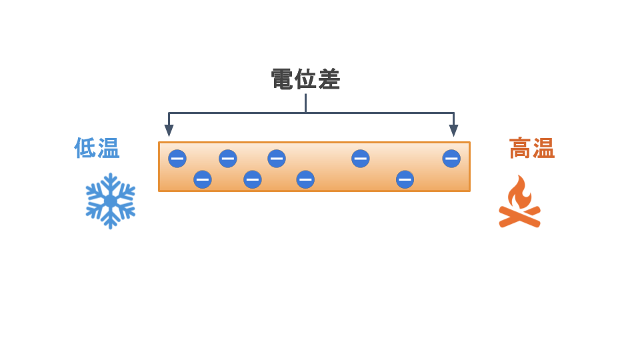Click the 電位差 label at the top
[306, 79]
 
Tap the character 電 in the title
[283, 79]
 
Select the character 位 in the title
[306, 79]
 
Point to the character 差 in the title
[329, 79]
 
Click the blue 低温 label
[97, 148]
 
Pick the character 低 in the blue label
[85, 148]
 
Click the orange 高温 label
[532, 148]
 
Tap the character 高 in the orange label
[521, 148]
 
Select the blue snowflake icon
[110, 201]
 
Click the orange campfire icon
[519, 201]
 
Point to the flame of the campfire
[519, 193]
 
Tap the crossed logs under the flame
[519, 217]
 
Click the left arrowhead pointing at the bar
[169, 131]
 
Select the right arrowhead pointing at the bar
[453, 131]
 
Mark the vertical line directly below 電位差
[306, 103]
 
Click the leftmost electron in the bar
[177, 159]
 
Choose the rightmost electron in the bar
[451, 159]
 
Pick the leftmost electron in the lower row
[203, 179]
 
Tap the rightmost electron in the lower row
[405, 179]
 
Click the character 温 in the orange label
[544, 148]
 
